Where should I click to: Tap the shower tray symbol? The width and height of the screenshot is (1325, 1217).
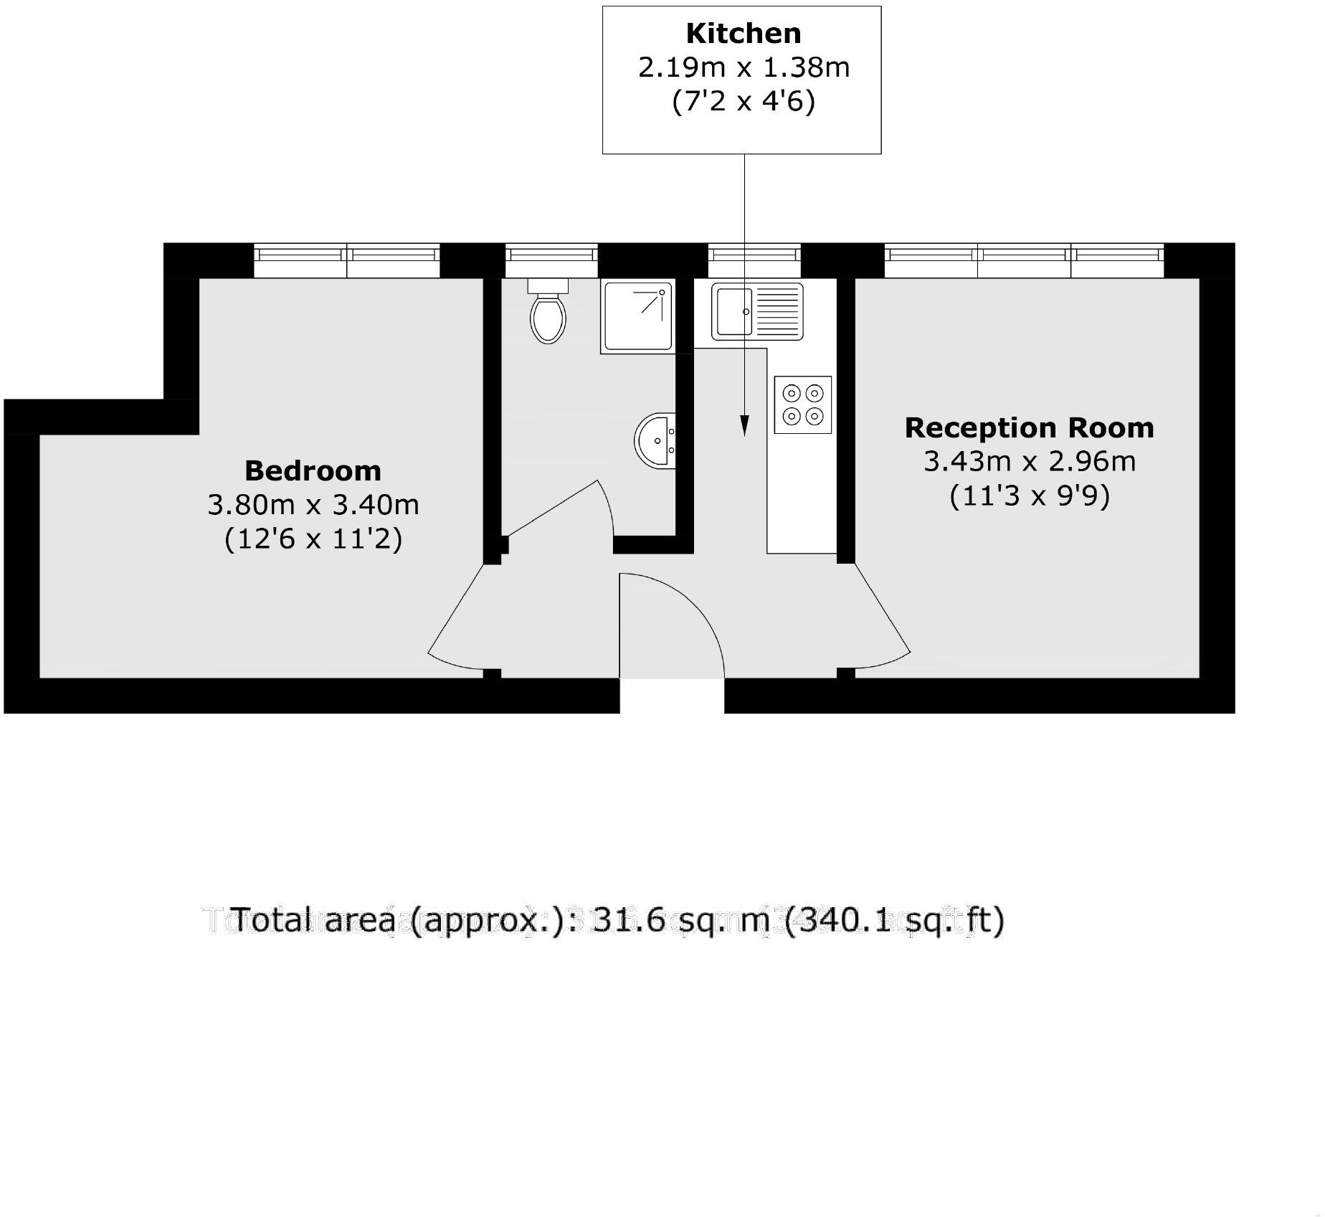[x=638, y=316]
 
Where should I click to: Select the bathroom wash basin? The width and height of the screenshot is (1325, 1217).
[x=655, y=440]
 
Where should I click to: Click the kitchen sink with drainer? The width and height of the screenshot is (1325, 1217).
[x=757, y=311]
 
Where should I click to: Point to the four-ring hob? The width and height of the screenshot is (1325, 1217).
[x=803, y=404]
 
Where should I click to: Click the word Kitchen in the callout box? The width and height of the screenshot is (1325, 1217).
[x=744, y=34]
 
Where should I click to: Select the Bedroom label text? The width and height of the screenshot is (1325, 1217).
[x=313, y=471]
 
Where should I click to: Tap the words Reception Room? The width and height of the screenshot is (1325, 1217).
[x=1030, y=428]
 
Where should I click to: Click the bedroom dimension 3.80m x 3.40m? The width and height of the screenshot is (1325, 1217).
[x=313, y=505]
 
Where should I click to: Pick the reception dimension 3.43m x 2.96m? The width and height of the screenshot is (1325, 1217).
[x=1030, y=461]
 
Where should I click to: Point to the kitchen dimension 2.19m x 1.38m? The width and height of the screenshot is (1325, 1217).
[x=744, y=67]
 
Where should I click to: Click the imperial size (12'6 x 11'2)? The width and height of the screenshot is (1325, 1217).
[x=313, y=539]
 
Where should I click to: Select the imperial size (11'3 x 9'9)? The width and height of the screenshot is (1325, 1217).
[x=1030, y=496]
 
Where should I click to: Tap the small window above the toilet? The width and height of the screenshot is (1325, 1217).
[x=551, y=260]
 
